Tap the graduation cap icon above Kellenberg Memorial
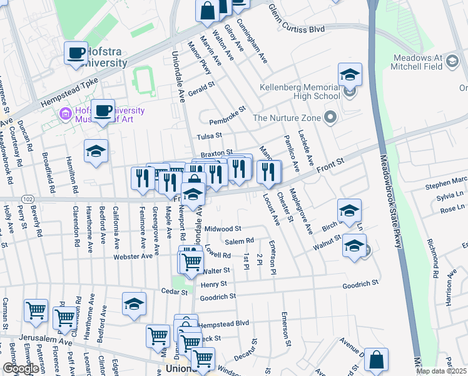click(x=350, y=75)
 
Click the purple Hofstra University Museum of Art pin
click(x=64, y=115)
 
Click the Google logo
click(x=21, y=368)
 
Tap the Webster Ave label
click(x=133, y=256)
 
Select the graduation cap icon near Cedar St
click(x=134, y=305)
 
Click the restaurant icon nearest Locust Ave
click(x=269, y=172)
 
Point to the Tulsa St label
click(x=210, y=135)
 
